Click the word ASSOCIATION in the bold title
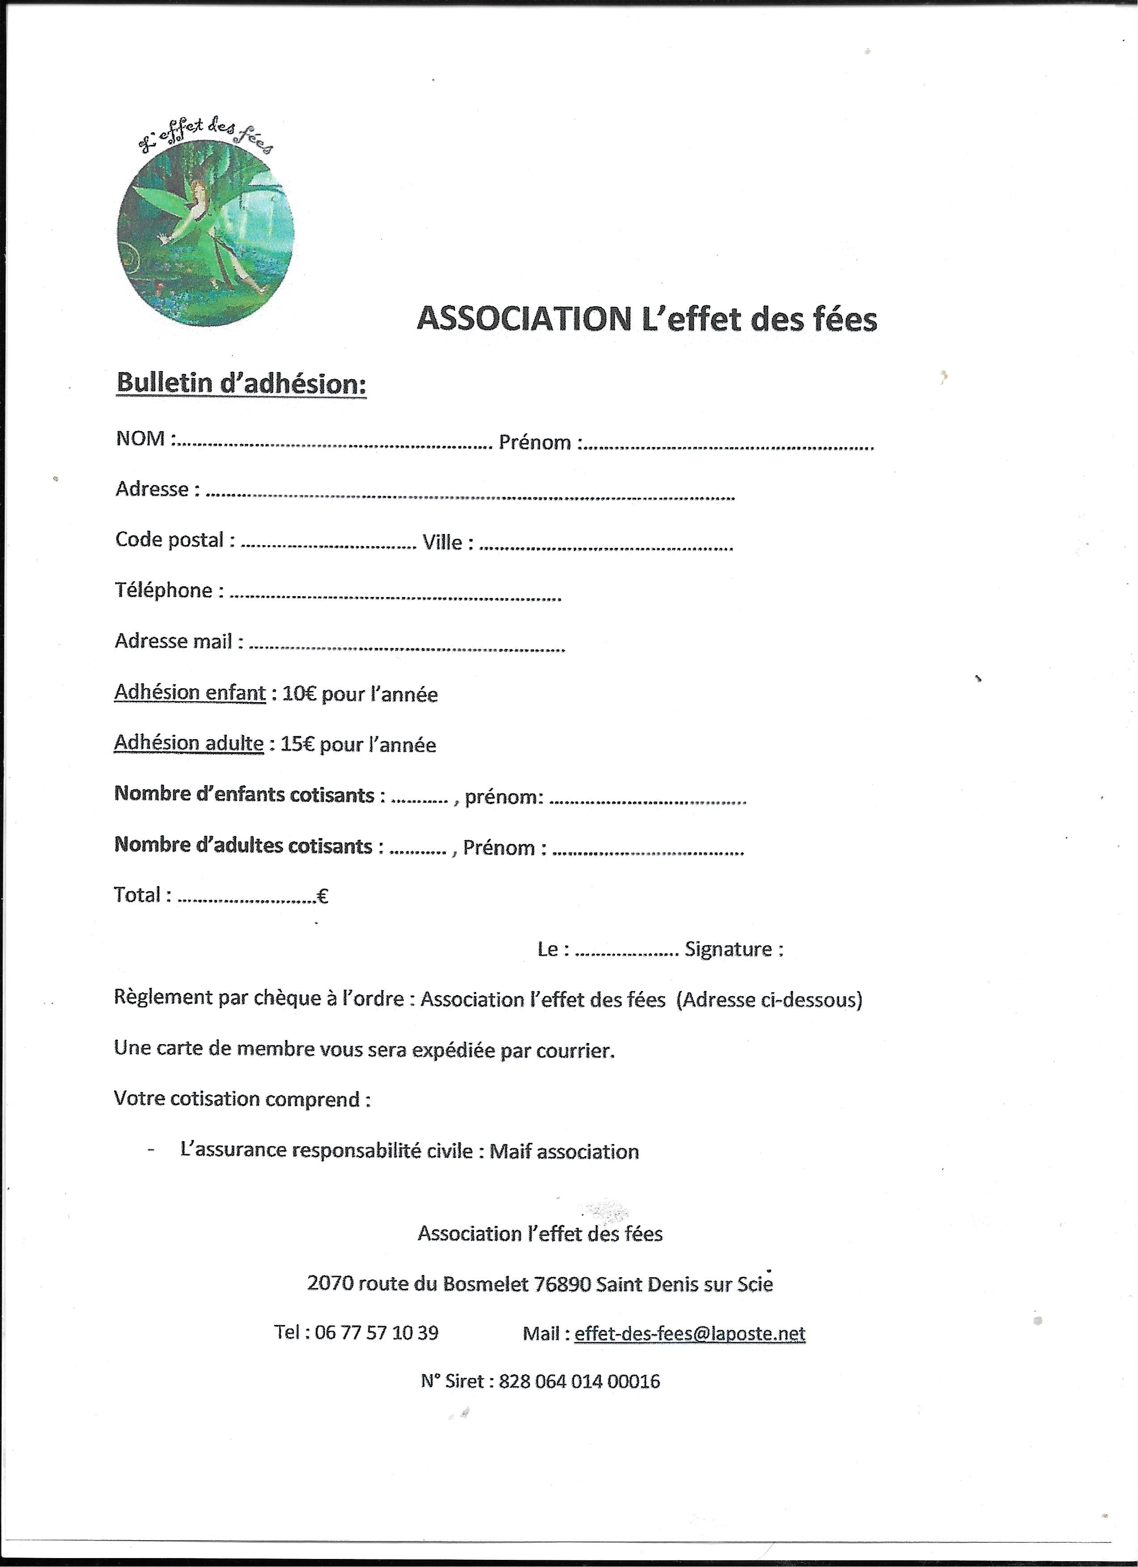pos(521,319)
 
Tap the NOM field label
pos(141,439)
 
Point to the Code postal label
pos(170,540)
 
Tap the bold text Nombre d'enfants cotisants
pos(244,795)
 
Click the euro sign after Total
pos(322,897)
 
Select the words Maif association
pos(564,1152)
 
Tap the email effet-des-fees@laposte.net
pos(690,1334)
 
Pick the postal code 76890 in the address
pos(566,1284)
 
